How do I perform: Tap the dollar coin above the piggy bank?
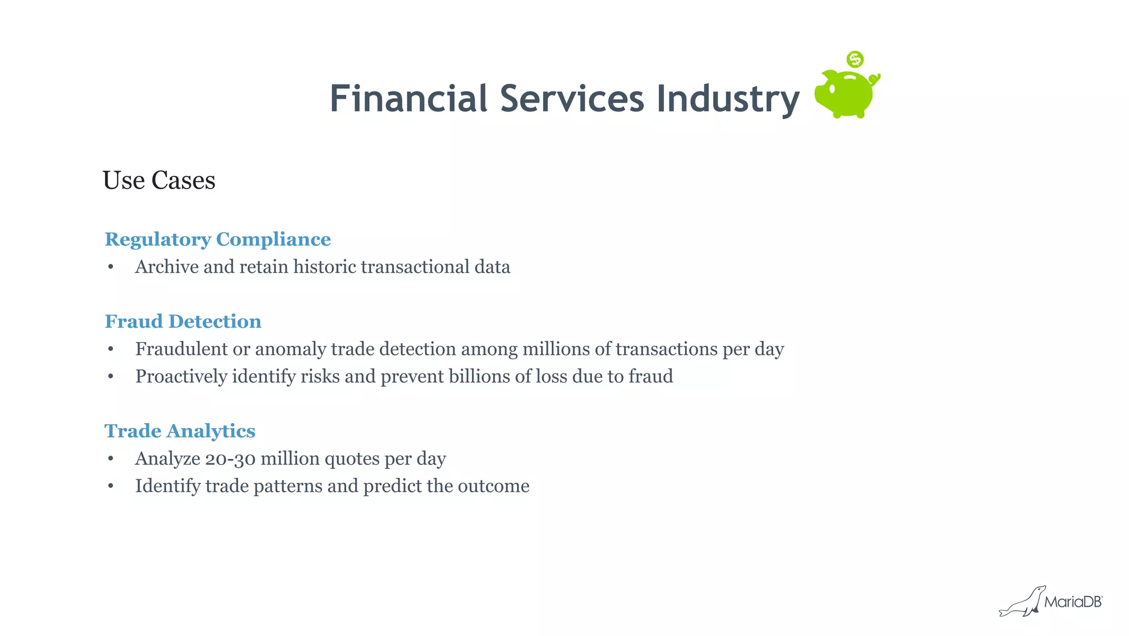coord(855,59)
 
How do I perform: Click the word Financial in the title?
coord(408,99)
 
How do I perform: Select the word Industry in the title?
coord(728,100)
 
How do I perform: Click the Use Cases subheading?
coord(159,180)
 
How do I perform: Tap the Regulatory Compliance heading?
coord(218,239)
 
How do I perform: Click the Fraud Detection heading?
coord(183,322)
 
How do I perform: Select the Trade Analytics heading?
coord(180,431)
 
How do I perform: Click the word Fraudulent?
coord(181,349)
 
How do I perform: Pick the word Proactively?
coord(181,377)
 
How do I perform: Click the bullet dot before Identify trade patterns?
coord(111,486)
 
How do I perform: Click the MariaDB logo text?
coord(1073,602)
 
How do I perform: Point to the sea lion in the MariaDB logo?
coord(1023,602)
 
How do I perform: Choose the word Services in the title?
coord(572,99)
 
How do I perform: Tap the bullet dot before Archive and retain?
coord(111,267)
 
